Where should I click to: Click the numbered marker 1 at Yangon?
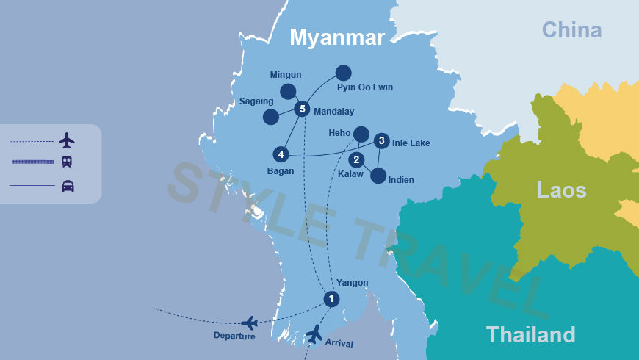click(x=331, y=299)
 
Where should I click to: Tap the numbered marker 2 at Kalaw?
click(x=356, y=159)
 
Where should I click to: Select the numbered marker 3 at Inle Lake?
click(x=380, y=140)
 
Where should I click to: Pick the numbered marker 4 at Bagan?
click(x=280, y=154)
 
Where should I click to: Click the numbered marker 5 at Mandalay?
click(x=302, y=109)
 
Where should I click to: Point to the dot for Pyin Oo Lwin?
click(x=343, y=73)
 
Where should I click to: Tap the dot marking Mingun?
click(x=288, y=91)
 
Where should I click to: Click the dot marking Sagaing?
click(x=271, y=117)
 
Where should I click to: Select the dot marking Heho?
click(x=361, y=134)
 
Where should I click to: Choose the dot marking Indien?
click(x=378, y=176)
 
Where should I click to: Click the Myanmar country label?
click(x=337, y=37)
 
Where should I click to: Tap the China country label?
click(x=571, y=30)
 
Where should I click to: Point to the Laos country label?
click(x=561, y=190)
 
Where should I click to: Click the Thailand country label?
click(x=530, y=334)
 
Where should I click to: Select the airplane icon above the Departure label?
click(x=249, y=323)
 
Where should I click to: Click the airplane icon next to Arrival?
click(x=314, y=334)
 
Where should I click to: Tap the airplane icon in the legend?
click(x=67, y=140)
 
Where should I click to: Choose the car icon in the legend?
click(x=68, y=186)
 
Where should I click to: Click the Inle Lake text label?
click(x=411, y=143)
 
